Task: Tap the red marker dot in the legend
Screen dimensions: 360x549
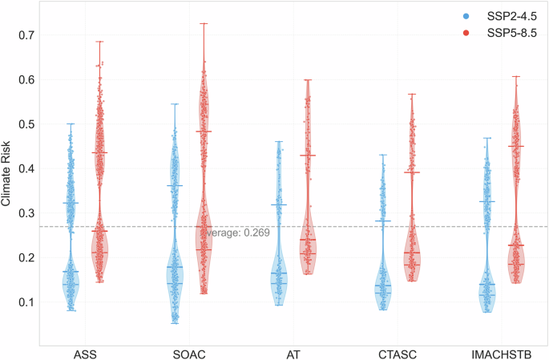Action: [466, 32]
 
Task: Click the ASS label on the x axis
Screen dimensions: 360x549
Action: [86, 352]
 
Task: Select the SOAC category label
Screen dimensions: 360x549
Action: [189, 352]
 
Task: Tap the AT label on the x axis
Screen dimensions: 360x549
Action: [293, 352]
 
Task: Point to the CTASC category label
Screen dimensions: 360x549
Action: [397, 352]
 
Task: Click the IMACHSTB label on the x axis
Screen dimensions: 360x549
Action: [500, 352]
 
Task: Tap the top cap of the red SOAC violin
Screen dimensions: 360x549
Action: [204, 23]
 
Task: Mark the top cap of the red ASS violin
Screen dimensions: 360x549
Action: [100, 42]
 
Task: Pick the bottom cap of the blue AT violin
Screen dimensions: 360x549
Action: [279, 305]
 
